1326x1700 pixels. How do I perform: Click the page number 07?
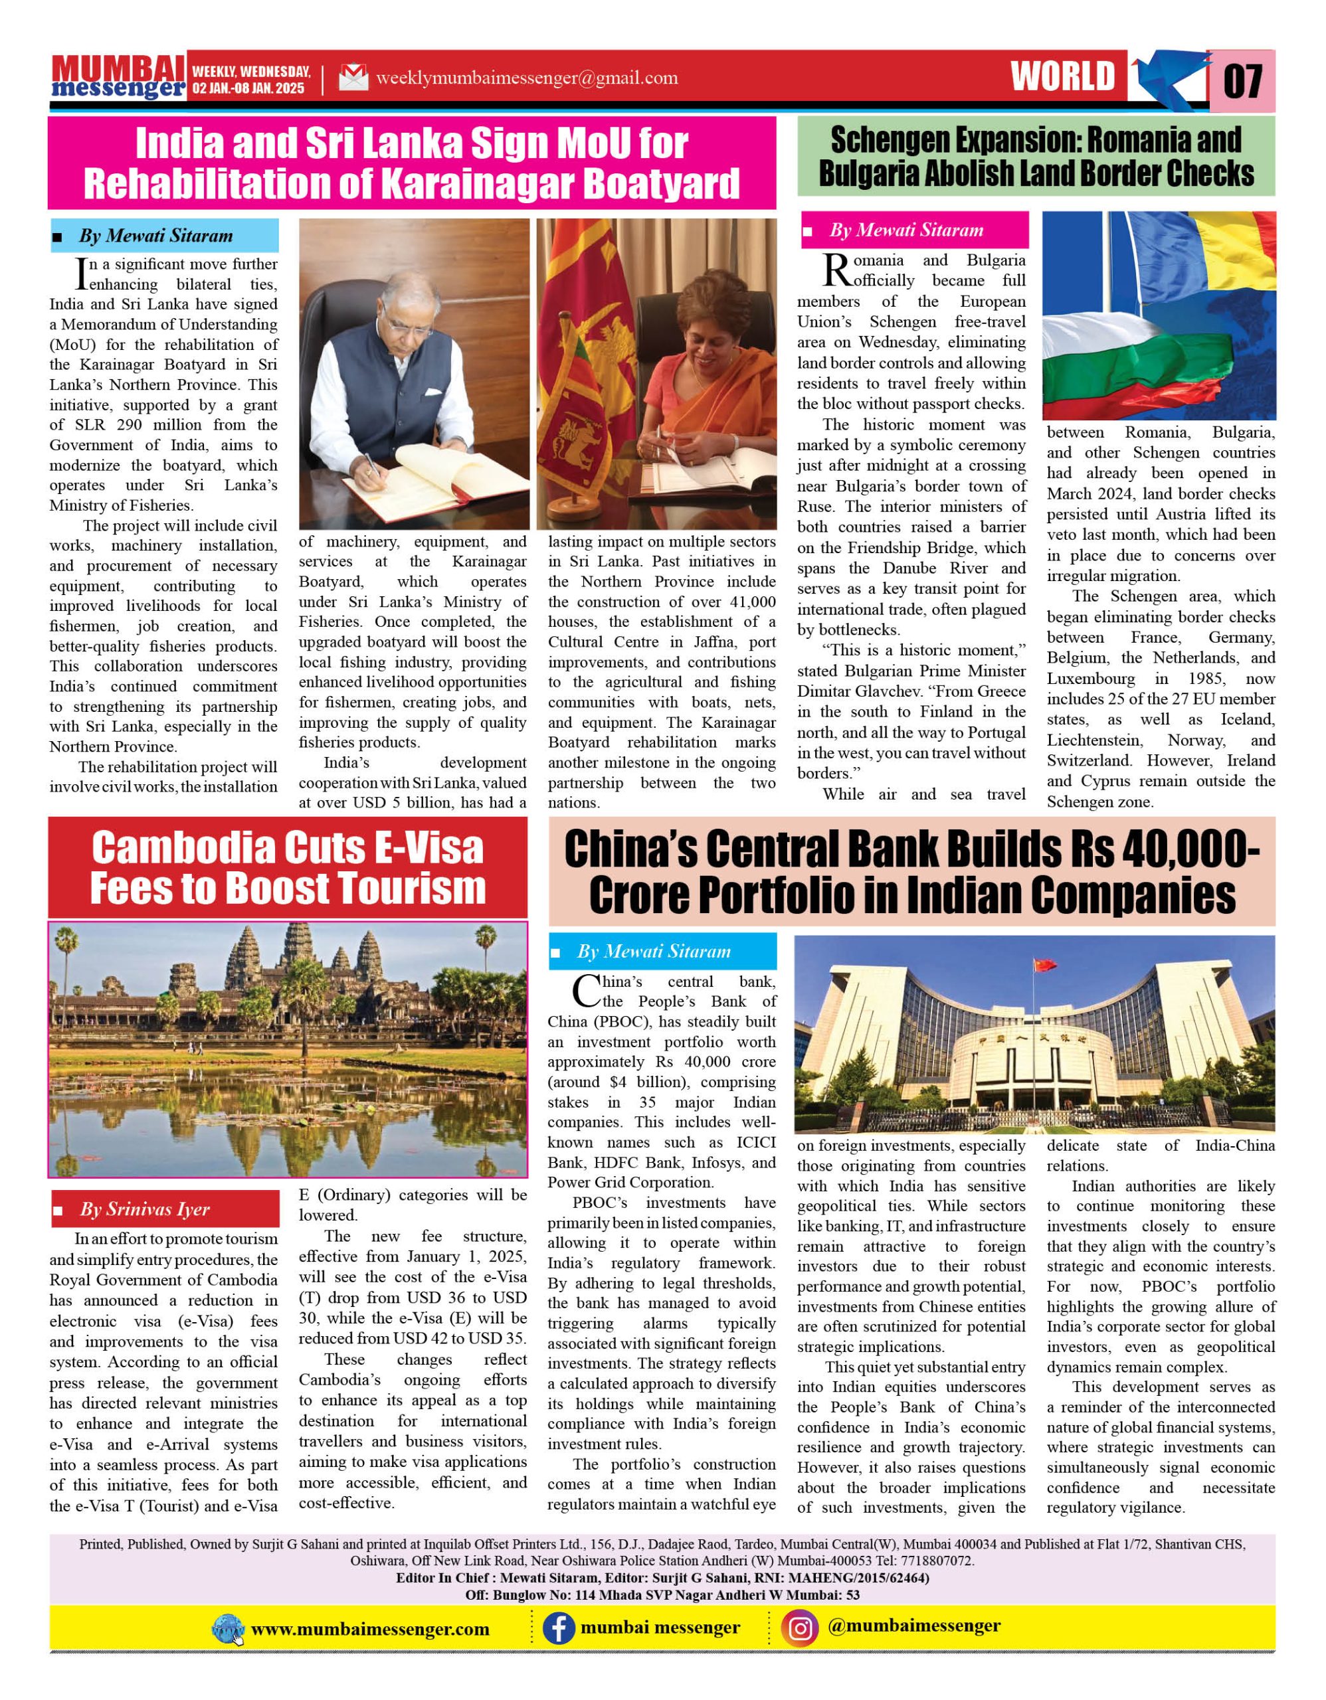tap(1243, 80)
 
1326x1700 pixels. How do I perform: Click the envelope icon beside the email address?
tap(353, 78)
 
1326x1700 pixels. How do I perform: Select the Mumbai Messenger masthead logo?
tap(118, 77)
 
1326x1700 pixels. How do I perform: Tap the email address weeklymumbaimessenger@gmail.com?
tap(526, 78)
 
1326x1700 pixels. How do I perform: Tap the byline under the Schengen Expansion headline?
tap(905, 230)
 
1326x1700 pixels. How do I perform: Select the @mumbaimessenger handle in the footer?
tap(914, 1625)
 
